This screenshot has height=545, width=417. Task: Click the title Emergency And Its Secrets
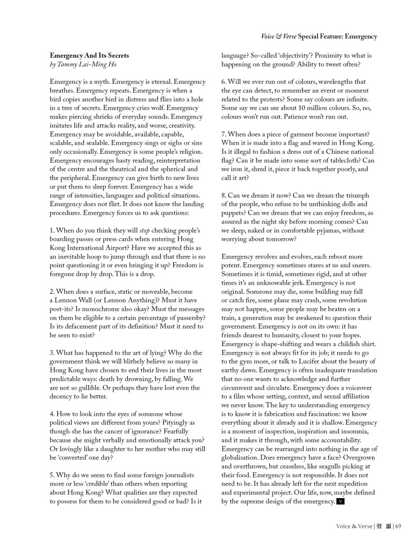tap(89, 55)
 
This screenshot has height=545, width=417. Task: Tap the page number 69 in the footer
tap(398, 526)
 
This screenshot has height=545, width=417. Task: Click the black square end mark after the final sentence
tap(341, 501)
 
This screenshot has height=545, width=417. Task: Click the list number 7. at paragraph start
tap(225, 133)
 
